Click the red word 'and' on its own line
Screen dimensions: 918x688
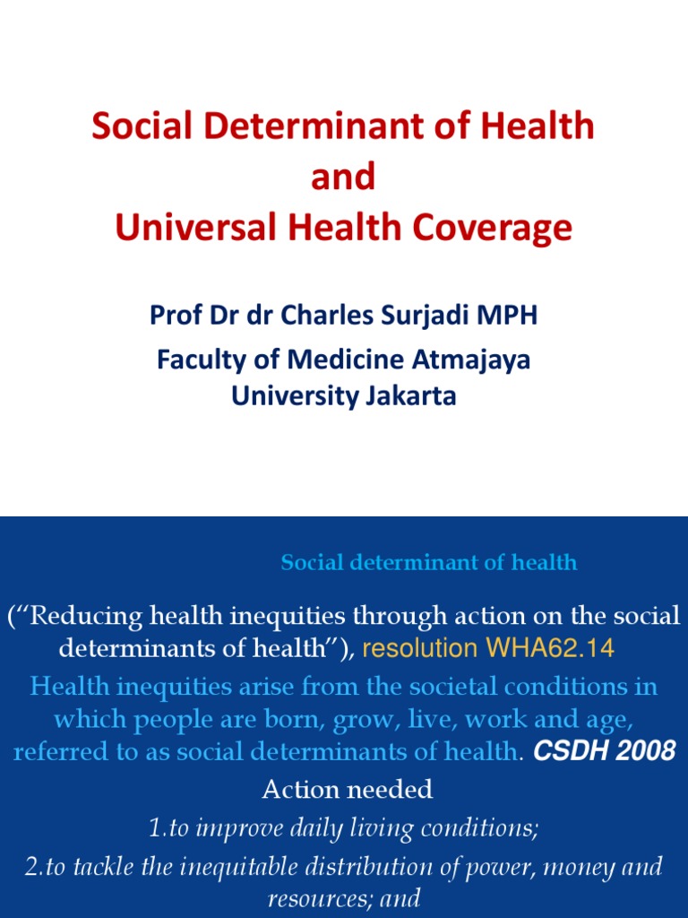click(343, 178)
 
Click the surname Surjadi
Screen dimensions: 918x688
click(438, 316)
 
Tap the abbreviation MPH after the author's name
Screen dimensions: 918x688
click(515, 316)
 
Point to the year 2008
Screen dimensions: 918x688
click(646, 751)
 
